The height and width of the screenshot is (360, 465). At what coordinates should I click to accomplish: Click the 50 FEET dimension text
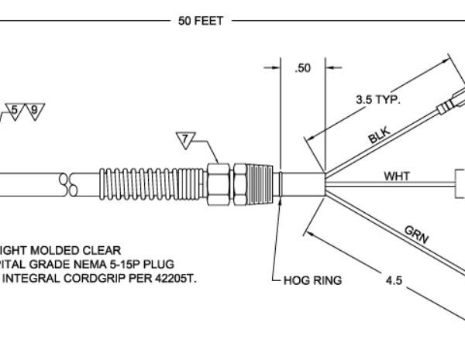coord(201,21)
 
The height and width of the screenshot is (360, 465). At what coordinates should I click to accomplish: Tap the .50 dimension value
coord(303,69)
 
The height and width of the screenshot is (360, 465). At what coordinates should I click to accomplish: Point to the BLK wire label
coord(379,137)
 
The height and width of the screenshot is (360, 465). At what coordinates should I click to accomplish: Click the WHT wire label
coord(398,176)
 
